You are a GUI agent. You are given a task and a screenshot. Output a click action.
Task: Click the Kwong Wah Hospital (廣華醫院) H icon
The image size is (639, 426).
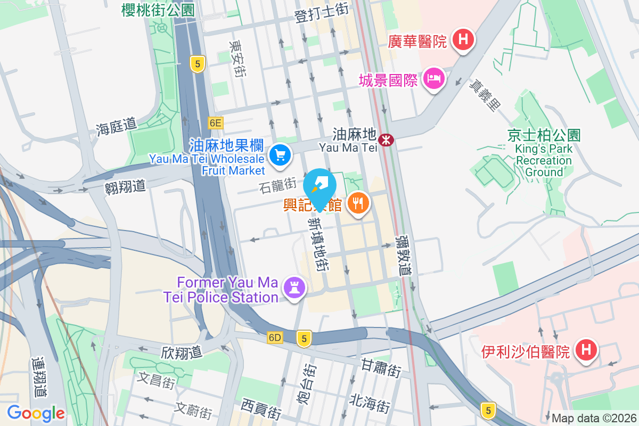click(x=463, y=39)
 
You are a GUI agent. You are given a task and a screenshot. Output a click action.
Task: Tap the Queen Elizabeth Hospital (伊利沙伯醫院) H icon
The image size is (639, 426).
click(x=586, y=350)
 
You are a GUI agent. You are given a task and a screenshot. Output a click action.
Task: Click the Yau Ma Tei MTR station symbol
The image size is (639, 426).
click(x=385, y=140)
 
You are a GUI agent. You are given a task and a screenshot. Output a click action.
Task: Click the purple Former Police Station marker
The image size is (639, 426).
click(x=293, y=288)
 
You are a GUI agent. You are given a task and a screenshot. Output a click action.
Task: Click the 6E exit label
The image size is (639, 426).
click(x=215, y=123)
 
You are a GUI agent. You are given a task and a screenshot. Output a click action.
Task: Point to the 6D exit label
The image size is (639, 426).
click(x=275, y=338)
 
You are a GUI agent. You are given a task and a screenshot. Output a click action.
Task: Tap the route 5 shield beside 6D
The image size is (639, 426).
click(x=304, y=338)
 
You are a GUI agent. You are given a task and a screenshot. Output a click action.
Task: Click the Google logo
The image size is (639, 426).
click(x=36, y=413)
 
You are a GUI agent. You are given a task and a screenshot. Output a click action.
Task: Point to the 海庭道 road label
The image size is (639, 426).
click(x=116, y=126)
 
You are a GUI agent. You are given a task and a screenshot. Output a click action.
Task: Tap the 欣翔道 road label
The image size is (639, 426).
click(x=182, y=352)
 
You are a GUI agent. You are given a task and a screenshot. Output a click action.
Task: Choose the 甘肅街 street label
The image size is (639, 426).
click(x=381, y=367)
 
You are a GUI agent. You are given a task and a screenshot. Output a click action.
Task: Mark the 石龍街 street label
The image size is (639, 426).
click(x=277, y=185)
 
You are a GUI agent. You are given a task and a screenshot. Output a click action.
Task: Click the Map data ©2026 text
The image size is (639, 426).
click(x=594, y=418)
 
